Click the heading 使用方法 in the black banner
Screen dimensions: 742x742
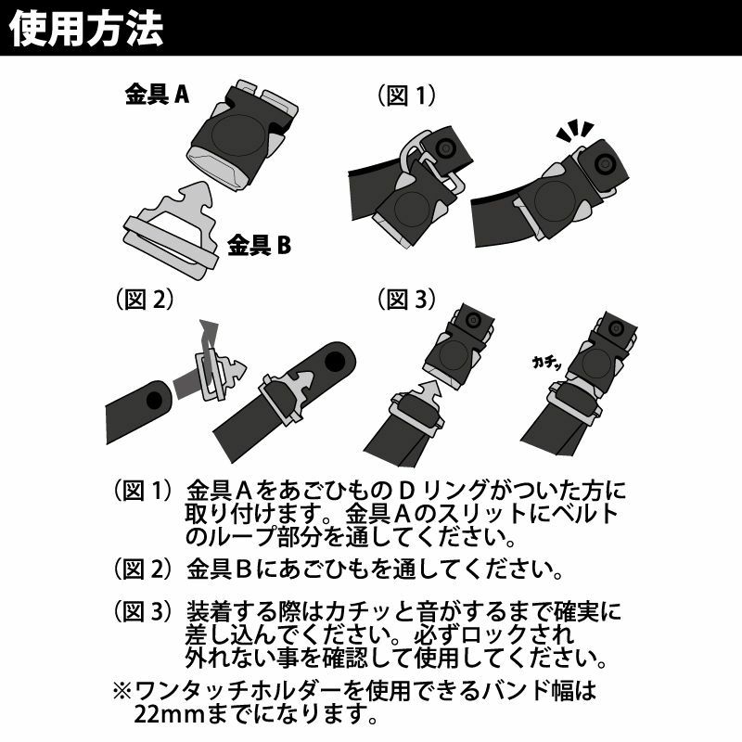pos(86,29)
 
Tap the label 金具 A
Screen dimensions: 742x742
pos(157,94)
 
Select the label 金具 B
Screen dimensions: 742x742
pos(260,245)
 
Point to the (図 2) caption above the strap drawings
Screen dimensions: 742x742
pos(145,299)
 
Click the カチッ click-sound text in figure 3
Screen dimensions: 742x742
pos(547,363)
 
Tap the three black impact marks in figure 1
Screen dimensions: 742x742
pos(575,131)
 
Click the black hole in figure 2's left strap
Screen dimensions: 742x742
pos(154,401)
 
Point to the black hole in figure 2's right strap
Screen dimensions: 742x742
pos(335,362)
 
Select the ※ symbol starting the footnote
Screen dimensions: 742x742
pos(122,691)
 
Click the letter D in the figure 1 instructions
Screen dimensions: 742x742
pos(407,491)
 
